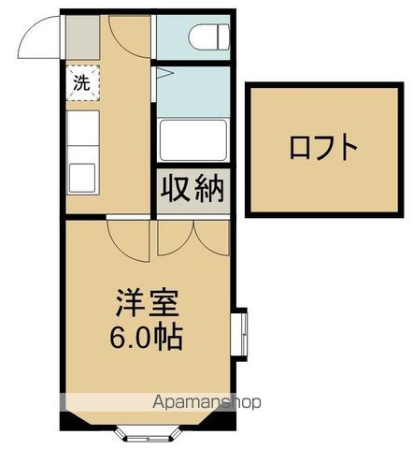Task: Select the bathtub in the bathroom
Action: tap(192, 141)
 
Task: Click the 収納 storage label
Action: tap(193, 190)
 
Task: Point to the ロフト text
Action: tap(322, 148)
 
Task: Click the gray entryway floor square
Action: tap(80, 37)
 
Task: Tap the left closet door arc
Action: tap(174, 238)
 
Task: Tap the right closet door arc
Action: tap(209, 238)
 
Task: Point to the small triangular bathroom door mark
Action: tap(161, 72)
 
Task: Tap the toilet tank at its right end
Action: tap(223, 36)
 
